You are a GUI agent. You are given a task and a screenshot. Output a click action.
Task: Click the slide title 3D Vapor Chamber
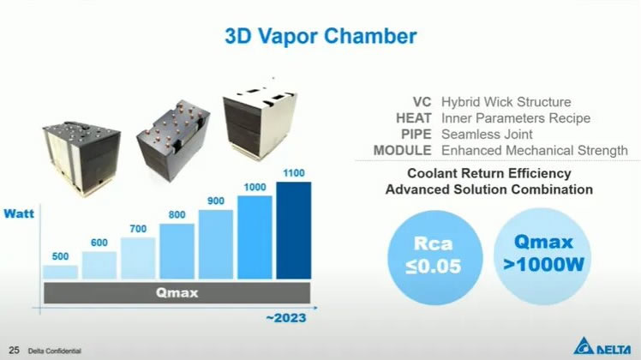point(320,36)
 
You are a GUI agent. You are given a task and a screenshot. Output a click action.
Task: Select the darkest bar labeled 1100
point(294,231)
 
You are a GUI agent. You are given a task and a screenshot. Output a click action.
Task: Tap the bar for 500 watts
point(60,272)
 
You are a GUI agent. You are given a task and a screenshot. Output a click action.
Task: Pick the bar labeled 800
point(177,251)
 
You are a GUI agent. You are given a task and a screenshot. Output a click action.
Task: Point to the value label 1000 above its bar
point(255,188)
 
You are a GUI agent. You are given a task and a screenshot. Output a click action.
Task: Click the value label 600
point(99,243)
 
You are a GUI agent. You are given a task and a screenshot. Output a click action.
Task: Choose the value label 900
point(216,201)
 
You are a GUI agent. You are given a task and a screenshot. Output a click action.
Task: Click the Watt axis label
point(19,213)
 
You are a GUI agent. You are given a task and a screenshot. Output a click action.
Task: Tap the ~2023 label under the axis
point(286,318)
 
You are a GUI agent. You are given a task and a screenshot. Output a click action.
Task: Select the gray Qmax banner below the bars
point(177,293)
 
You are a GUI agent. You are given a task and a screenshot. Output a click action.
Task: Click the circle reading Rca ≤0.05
point(434,257)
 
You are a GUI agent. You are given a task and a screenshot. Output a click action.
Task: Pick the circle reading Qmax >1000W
point(543,256)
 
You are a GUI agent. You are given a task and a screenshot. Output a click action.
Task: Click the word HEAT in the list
point(413,118)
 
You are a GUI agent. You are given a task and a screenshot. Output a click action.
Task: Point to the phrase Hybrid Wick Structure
point(506,102)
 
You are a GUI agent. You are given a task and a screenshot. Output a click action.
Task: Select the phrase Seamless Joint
point(487,135)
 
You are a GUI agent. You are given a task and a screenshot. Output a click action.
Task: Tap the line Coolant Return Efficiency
point(489,173)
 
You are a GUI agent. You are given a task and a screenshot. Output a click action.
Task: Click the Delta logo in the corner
point(602,346)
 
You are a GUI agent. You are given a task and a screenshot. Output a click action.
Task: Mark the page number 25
point(14,351)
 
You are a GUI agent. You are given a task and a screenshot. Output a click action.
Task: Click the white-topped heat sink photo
point(260,123)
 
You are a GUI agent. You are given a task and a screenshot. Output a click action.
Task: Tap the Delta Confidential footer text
point(54,351)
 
